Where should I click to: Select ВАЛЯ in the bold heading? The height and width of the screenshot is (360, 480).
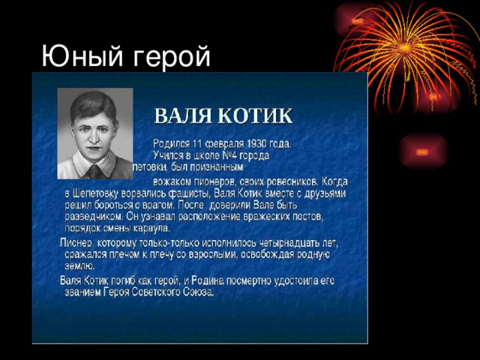182,116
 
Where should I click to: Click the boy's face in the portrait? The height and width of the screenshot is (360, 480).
94,130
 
